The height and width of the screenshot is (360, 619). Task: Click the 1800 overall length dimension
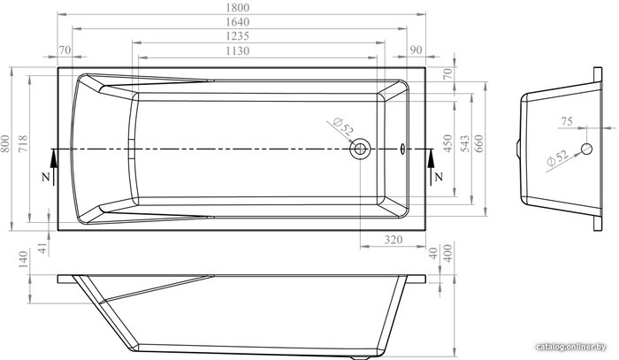[x=238, y=7]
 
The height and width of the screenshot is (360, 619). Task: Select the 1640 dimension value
[x=238, y=22]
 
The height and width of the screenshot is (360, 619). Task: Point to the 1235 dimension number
[x=238, y=36]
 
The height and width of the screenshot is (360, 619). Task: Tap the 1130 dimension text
[x=238, y=51]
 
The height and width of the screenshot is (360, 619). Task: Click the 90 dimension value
[x=416, y=50]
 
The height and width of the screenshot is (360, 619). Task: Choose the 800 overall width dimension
[x=5, y=144]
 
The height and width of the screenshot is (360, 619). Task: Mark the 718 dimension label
[x=22, y=144]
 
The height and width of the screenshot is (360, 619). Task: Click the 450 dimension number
[x=447, y=143]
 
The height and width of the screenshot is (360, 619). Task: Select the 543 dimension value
[x=465, y=143]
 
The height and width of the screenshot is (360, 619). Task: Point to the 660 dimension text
[x=478, y=143]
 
